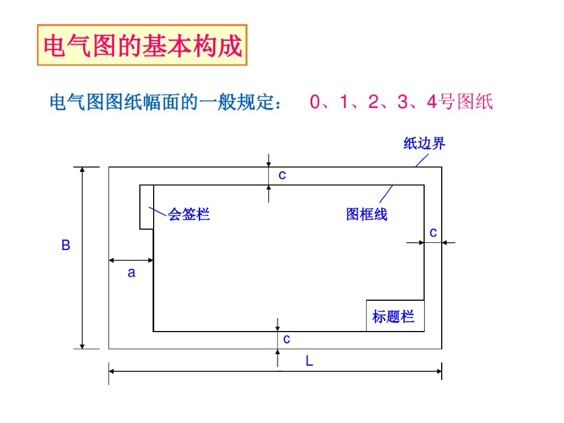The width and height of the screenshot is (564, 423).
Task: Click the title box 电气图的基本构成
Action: (x=142, y=45)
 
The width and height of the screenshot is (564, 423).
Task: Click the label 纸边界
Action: (x=424, y=144)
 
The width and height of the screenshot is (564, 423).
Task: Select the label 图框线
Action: (x=366, y=214)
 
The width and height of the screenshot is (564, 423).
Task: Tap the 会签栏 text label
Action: (x=189, y=214)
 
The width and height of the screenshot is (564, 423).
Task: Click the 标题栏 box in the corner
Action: (x=395, y=316)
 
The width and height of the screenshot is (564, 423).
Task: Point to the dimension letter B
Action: (x=66, y=246)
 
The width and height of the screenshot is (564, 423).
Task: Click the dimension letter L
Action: (x=310, y=361)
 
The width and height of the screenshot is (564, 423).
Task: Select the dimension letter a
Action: (x=131, y=272)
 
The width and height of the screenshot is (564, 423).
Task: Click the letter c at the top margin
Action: (x=282, y=175)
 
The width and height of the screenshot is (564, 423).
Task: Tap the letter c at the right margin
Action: (x=433, y=232)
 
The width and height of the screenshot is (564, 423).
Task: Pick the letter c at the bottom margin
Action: (x=286, y=339)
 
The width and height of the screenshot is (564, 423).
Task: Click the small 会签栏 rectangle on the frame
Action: (x=147, y=207)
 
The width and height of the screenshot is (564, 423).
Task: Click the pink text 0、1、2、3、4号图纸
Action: (x=401, y=102)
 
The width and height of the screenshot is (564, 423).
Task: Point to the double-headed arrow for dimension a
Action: (x=131, y=260)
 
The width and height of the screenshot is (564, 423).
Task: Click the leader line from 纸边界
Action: (x=421, y=160)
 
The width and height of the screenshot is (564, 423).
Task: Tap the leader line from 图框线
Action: (x=386, y=194)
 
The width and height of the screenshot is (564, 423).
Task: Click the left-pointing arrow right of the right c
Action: (x=448, y=242)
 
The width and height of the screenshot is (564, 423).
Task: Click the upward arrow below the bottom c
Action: (x=278, y=358)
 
